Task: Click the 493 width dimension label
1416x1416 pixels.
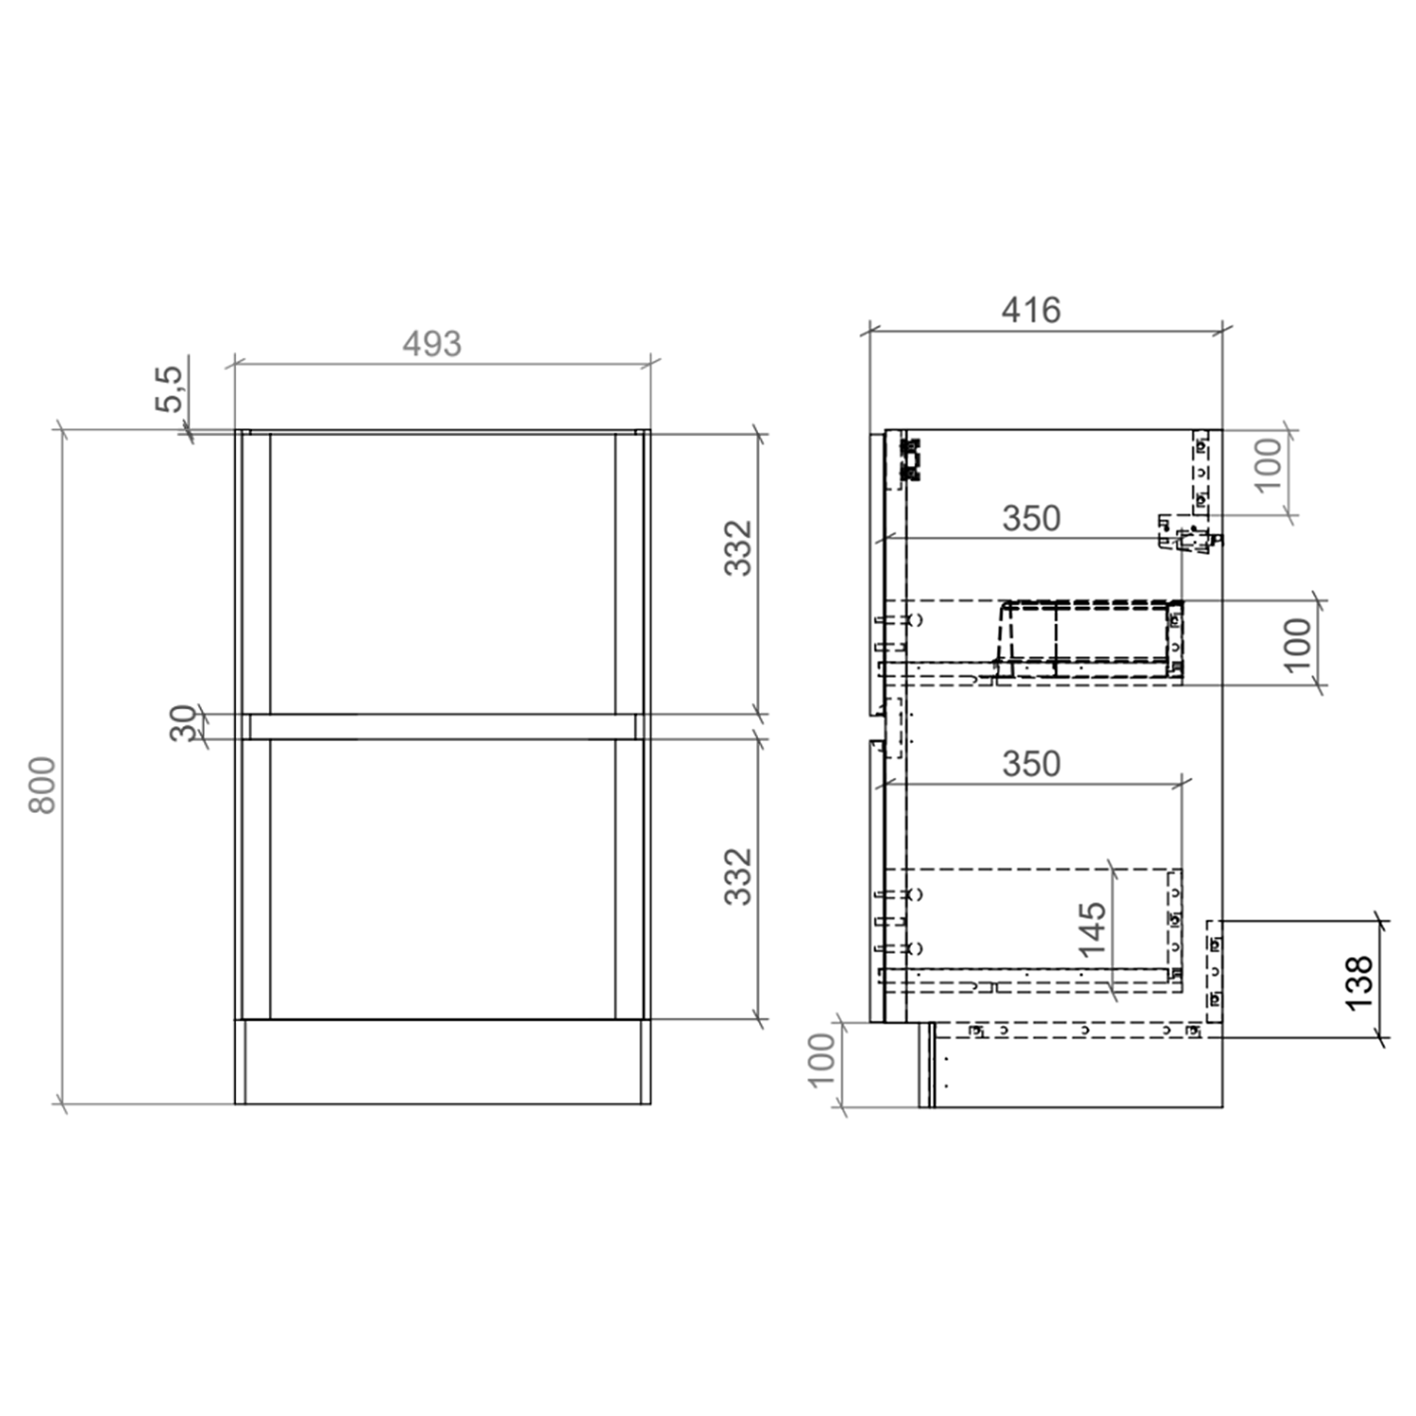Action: pos(431,344)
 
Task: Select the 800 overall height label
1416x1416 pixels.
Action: pos(42,784)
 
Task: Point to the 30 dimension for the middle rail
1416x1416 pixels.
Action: pos(184,723)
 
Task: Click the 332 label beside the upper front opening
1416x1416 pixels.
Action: pos(738,548)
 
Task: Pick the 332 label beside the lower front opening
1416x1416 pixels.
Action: pos(738,876)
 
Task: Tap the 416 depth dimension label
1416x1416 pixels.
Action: pos(1031,310)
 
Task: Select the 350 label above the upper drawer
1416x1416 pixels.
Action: pos(1031,518)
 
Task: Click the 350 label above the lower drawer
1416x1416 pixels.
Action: pos(1031,764)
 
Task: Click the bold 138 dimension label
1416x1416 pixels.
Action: pos(1358,982)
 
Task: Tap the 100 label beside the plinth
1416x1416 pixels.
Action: pos(822,1059)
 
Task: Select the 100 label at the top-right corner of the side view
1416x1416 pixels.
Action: pos(1269,464)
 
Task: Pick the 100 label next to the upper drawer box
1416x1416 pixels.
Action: pos(1299,644)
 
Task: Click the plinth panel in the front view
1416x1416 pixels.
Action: pos(442,1061)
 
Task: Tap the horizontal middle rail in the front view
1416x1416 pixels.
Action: pos(442,726)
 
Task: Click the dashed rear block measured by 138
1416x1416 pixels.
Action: pos(1214,970)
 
